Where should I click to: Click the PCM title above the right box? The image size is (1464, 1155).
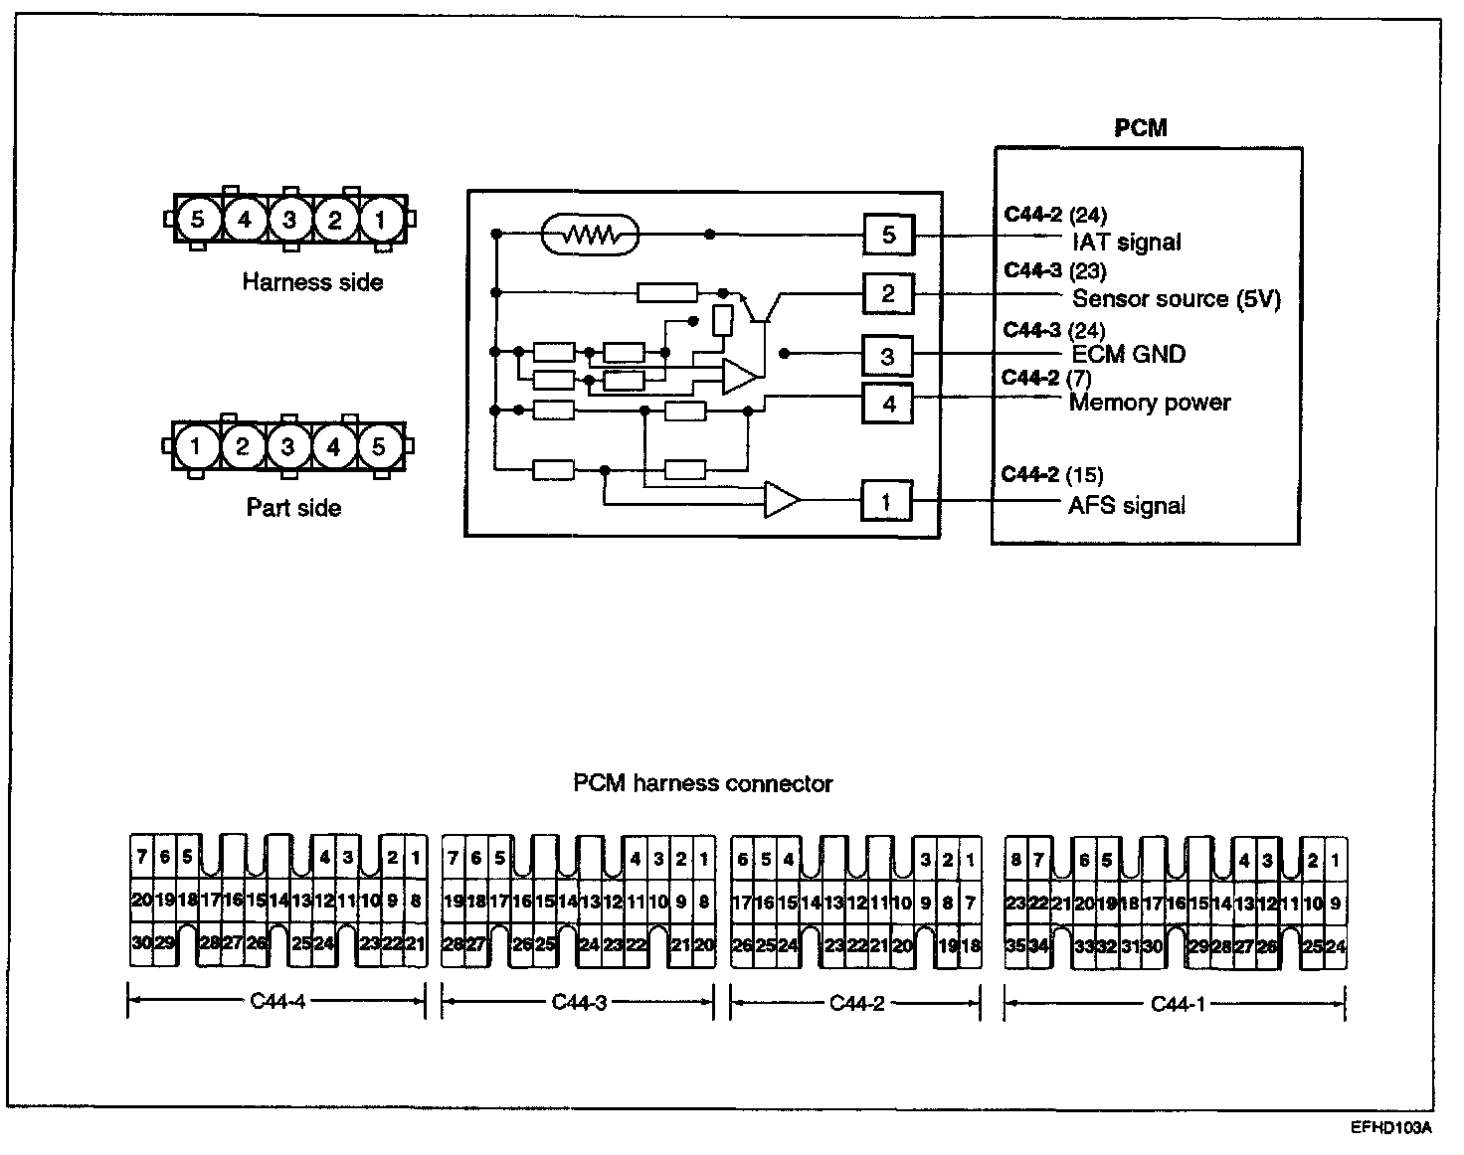(1140, 128)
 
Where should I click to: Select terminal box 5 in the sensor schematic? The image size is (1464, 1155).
(888, 236)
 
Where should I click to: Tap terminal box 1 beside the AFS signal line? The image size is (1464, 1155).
(886, 502)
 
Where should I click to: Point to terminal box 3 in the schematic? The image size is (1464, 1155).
(887, 356)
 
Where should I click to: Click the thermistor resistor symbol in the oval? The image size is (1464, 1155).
(590, 236)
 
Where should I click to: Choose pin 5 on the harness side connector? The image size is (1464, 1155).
(197, 219)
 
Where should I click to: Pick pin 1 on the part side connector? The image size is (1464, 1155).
(195, 446)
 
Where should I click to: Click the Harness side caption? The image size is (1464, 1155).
(312, 282)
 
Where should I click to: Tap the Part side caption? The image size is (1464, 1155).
(293, 508)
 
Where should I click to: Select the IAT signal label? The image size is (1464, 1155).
(1127, 242)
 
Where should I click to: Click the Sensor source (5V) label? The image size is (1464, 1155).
(1177, 298)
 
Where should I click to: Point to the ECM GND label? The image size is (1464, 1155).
(1129, 354)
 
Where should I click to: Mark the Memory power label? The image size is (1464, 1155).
(1150, 403)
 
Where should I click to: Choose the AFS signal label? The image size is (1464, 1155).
(1127, 506)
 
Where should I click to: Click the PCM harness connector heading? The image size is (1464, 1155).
(703, 783)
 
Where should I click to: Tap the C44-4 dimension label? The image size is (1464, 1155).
(277, 1001)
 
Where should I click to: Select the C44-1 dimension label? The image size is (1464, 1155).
(1178, 1003)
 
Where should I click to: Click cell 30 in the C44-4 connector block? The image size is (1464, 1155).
(141, 942)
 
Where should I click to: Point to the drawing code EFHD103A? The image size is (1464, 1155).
(1391, 1128)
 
